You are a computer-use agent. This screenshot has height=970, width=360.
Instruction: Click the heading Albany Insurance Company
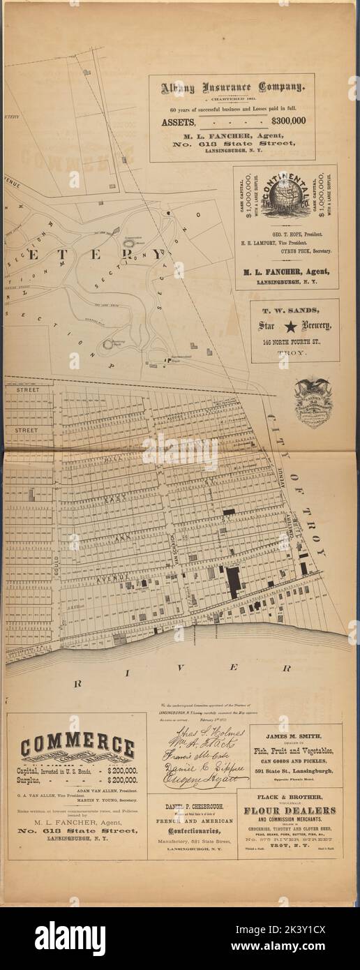(232, 89)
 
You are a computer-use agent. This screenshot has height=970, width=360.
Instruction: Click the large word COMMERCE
(77, 747)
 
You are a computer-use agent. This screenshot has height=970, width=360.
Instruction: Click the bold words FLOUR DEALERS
(290, 810)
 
